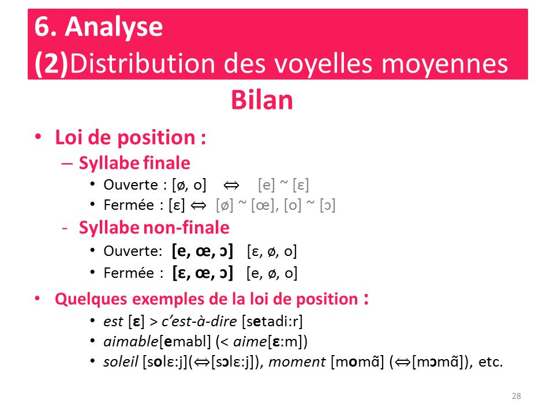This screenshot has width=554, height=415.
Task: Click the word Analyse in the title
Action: (114, 28)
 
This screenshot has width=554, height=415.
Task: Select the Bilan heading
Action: (262, 100)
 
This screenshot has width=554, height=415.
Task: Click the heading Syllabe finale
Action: (134, 163)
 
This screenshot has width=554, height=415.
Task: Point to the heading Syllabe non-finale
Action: (154, 227)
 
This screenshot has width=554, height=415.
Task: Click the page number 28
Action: (516, 396)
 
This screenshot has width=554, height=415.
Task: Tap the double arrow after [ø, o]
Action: (231, 185)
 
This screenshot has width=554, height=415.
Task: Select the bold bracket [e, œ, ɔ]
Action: (203, 251)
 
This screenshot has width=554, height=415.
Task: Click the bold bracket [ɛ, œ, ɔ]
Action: (203, 273)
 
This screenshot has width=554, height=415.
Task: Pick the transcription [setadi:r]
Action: (272, 322)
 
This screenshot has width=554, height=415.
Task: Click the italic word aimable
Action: (131, 342)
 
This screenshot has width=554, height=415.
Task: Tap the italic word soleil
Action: (121, 362)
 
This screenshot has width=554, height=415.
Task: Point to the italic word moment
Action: (297, 362)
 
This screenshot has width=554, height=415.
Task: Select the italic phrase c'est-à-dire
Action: (199, 322)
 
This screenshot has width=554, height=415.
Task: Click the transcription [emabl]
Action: (185, 342)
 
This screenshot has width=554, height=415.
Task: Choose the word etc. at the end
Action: (491, 363)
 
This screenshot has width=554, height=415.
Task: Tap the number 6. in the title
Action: (46, 27)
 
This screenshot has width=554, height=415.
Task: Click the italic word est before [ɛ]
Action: (114, 322)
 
